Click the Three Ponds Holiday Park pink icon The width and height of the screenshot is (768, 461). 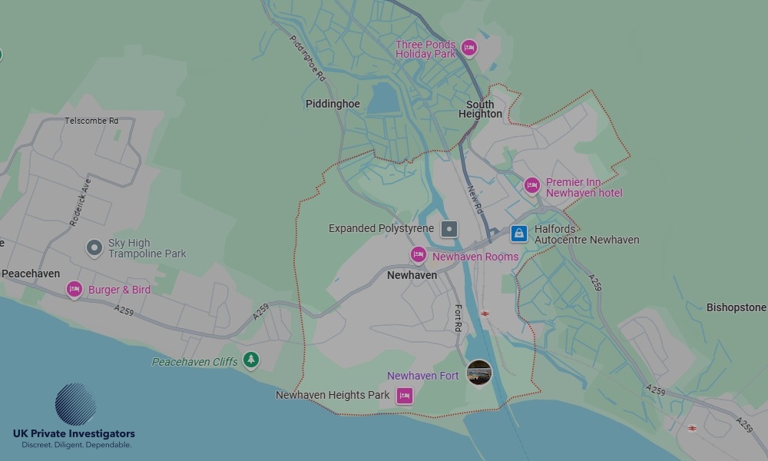[x=468, y=49]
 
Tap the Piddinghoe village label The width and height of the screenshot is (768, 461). [x=333, y=104]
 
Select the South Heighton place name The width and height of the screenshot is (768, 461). [x=480, y=109]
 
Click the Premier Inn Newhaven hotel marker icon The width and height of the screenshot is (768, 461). [x=531, y=185]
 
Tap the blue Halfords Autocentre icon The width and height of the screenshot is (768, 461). [x=518, y=234]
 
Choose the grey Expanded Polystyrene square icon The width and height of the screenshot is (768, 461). [x=449, y=228]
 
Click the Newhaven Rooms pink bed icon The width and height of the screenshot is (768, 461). [x=418, y=255]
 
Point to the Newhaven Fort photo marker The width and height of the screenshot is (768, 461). [x=479, y=373]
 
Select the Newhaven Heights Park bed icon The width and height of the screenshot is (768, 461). [x=404, y=396]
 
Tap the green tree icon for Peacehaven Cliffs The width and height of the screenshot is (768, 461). [x=250, y=360]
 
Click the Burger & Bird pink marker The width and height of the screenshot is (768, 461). [x=74, y=289]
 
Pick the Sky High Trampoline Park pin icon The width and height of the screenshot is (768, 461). [x=94, y=247]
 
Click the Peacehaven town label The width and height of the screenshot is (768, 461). [x=31, y=274]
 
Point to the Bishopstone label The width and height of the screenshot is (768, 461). [x=736, y=307]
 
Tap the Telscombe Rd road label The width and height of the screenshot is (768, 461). [x=91, y=121]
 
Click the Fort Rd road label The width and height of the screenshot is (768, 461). [x=458, y=319]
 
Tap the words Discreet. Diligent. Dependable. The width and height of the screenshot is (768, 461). [x=76, y=445]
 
